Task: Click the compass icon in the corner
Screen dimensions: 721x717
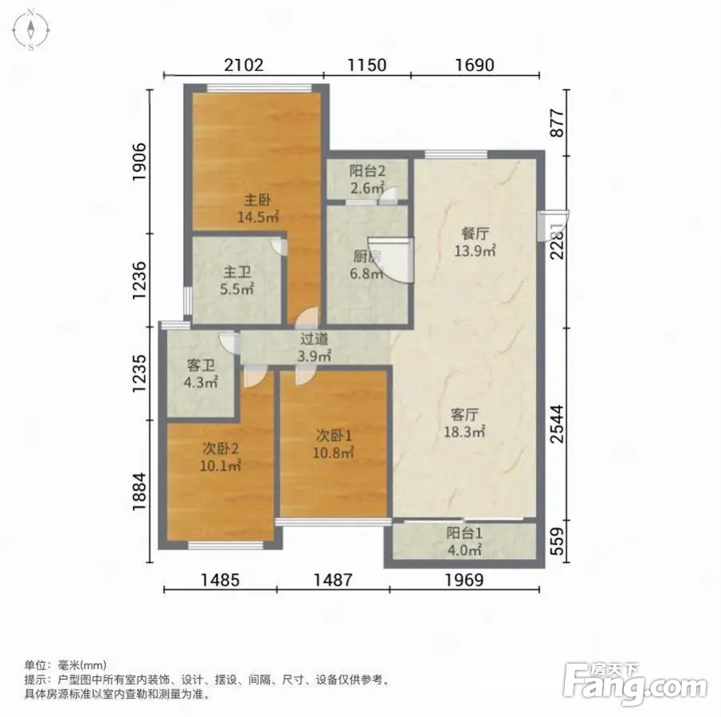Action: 31,30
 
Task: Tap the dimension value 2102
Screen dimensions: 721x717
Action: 244,65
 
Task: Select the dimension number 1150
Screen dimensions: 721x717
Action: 367,65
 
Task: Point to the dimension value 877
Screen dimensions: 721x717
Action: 557,123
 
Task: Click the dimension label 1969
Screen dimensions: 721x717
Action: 464,580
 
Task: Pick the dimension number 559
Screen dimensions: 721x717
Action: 557,541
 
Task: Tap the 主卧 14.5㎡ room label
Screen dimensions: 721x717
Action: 258,209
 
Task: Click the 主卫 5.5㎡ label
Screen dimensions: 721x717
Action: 237,280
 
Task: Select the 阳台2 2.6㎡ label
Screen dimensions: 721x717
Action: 367,179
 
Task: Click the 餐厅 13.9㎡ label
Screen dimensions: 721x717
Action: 475,242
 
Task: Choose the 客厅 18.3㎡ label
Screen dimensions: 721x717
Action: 464,423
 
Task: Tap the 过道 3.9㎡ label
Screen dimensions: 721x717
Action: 315,347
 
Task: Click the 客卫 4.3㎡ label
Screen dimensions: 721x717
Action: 201,374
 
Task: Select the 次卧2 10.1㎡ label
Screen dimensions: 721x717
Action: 221,457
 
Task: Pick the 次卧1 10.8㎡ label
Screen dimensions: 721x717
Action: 333,445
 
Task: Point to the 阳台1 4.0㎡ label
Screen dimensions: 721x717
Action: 464,541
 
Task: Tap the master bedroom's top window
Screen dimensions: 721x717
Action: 259,88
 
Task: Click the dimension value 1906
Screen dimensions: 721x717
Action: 139,162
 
